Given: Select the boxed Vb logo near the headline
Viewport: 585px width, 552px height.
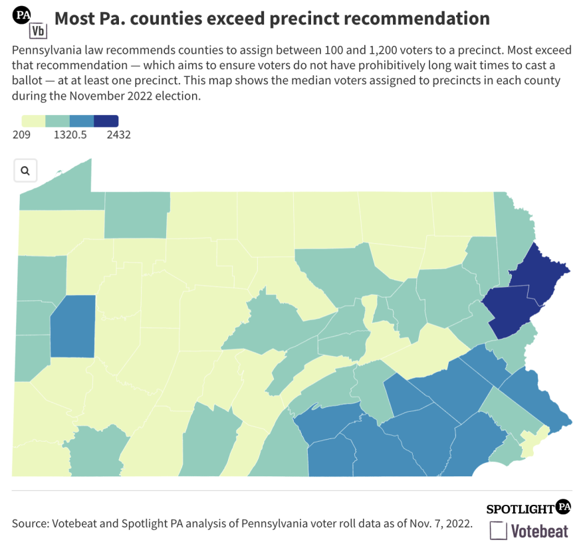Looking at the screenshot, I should coord(38,31).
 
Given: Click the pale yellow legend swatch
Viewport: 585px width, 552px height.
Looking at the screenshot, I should coord(33,121).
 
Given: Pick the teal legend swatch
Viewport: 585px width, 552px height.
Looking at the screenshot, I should coord(57,121).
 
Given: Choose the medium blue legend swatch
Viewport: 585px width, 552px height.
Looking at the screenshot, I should coord(82,121).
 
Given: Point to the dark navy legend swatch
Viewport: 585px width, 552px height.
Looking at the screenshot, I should coord(106,121).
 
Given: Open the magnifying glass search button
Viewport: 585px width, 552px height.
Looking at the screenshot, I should coord(25,171).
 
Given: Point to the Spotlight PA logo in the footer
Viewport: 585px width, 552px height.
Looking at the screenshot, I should coord(528,508).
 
